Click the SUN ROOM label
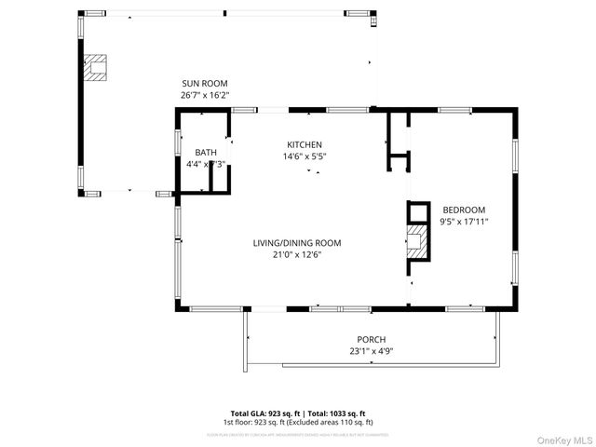204,83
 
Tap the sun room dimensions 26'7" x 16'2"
204,95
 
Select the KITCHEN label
305,144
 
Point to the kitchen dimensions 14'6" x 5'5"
305,156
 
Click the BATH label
206,153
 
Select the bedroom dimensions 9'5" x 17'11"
464,222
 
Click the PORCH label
371,340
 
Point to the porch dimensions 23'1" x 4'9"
371,352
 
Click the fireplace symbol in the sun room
94,67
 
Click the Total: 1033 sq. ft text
335,413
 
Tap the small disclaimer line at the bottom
298,434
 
